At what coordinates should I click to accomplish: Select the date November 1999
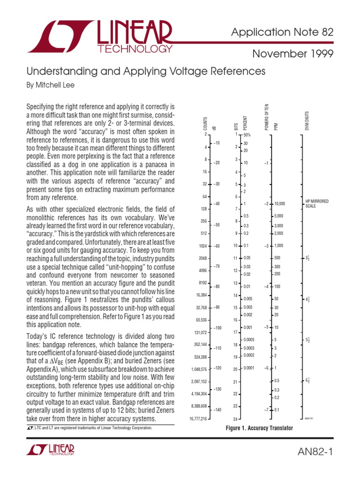click(293, 54)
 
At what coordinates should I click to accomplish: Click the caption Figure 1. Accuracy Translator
click(259, 428)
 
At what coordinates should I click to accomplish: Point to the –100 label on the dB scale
click(217, 328)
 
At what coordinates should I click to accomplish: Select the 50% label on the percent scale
click(247, 135)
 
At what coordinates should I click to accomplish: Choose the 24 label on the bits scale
click(236, 419)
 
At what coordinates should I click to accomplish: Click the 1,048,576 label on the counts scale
click(199, 369)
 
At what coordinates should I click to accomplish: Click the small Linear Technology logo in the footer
click(51, 450)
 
